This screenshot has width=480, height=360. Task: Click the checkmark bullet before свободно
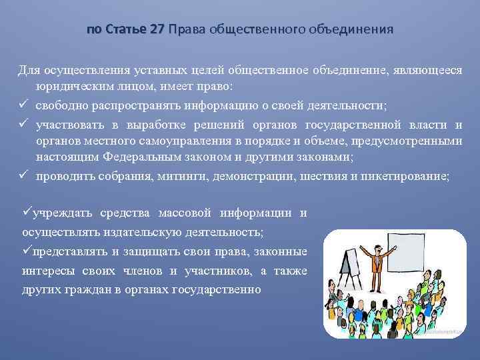(22, 105)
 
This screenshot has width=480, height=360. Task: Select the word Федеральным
(149, 158)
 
